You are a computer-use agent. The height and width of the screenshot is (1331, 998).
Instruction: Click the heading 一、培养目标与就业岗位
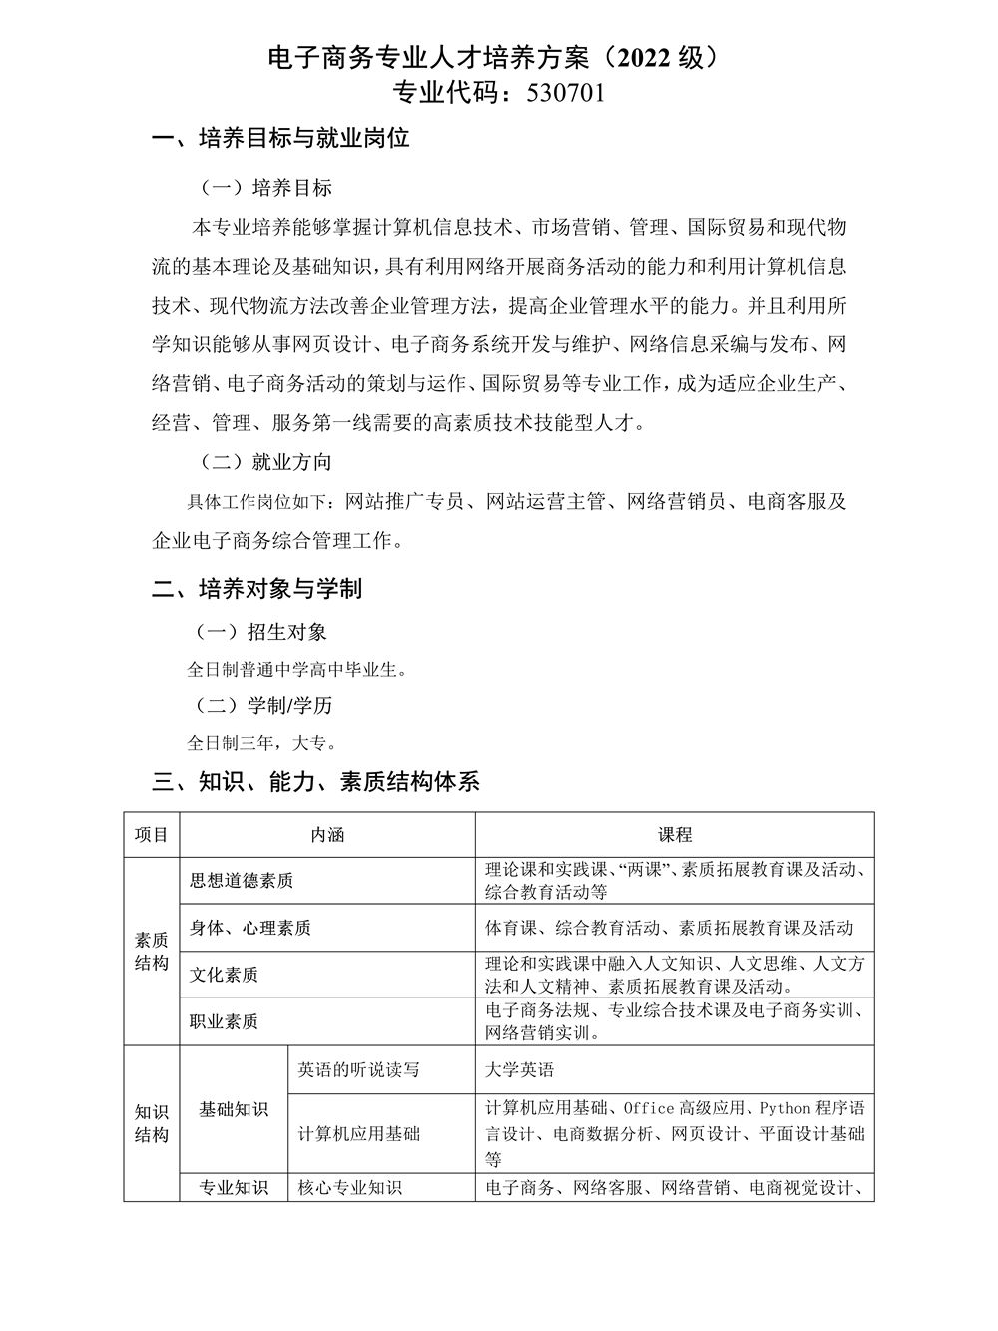coord(280,139)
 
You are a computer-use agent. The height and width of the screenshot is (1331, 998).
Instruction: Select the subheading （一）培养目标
coord(265,188)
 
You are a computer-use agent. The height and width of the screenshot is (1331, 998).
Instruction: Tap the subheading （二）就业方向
coord(265,462)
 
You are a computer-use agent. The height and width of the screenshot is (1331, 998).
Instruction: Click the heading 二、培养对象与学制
coord(256,589)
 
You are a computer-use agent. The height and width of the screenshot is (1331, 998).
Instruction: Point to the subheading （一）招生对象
coord(262,632)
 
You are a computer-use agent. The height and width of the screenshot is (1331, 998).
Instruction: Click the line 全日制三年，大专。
coord(261,743)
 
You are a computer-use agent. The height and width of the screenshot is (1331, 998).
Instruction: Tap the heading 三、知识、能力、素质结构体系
coord(315,782)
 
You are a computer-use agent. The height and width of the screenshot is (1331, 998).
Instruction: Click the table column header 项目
coord(152,835)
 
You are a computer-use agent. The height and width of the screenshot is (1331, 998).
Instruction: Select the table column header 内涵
coord(327,835)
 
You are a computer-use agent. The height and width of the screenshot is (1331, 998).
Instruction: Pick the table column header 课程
coord(675,835)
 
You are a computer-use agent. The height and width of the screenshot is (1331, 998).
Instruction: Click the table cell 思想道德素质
coord(242,881)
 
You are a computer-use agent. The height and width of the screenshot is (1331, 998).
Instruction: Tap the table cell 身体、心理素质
coord(250,928)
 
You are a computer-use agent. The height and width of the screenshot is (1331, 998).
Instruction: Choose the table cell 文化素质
coord(225,975)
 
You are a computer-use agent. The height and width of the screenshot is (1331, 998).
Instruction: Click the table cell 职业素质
coord(225,1021)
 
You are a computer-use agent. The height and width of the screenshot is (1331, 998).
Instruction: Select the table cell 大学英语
coord(520,1070)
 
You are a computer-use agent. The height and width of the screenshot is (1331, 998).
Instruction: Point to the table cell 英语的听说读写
coord(359,1070)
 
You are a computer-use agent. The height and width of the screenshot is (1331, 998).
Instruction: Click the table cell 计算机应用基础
coord(359,1134)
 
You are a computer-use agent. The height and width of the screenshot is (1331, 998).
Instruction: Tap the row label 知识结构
coord(152,1123)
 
